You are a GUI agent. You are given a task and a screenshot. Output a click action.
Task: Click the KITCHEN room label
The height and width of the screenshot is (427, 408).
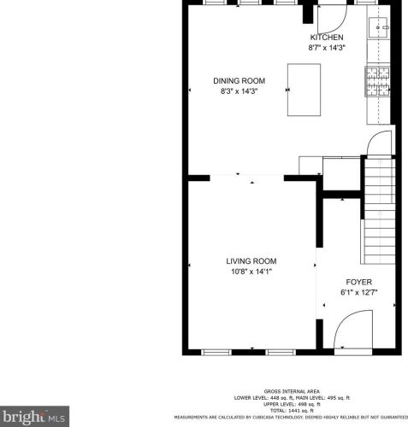pyautogui.click(x=326, y=38)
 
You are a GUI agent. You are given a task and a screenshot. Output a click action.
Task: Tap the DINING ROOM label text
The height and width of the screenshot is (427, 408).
pyautogui.click(x=234, y=81)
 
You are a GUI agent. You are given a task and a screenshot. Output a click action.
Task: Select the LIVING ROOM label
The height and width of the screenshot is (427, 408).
pyautogui.click(x=251, y=261)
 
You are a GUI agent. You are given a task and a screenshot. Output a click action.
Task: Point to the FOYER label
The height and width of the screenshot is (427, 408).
pyautogui.click(x=358, y=282)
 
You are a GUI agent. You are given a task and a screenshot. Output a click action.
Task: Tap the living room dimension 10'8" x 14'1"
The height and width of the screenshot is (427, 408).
pyautogui.click(x=251, y=272)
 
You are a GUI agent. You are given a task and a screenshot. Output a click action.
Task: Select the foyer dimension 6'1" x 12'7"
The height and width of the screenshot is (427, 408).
pyautogui.click(x=358, y=292)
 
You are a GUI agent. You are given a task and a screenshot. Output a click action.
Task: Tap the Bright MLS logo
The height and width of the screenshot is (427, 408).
pyautogui.click(x=35, y=417)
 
